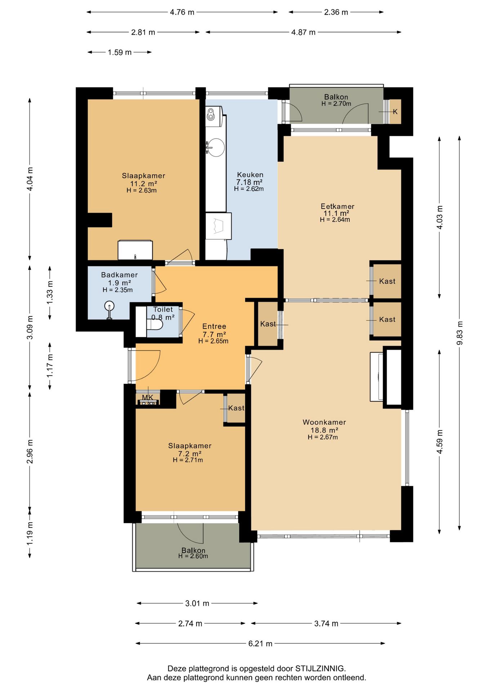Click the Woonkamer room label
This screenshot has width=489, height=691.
[324, 422]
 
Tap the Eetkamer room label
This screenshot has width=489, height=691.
[337, 206]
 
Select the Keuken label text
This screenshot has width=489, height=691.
[250, 175]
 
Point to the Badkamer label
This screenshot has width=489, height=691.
[119, 275]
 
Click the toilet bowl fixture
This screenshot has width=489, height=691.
[154, 325]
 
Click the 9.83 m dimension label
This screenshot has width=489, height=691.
[459, 333]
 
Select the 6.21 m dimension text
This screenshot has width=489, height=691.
[260, 643]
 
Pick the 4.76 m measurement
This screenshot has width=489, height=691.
[182, 12]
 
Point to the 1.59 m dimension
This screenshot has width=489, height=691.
[120, 53]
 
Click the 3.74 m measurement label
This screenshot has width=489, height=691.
[326, 624]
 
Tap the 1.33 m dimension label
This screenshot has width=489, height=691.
[50, 292]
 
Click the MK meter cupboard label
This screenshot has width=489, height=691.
[148, 397]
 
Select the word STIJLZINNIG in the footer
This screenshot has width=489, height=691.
[320, 669]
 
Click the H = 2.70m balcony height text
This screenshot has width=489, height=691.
[336, 104]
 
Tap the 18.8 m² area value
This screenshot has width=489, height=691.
[324, 430]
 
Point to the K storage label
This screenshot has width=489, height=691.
[395, 112]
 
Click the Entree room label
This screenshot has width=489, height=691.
[214, 326]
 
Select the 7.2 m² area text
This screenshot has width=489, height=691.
[190, 454]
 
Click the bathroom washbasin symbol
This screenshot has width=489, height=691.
[109, 309]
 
